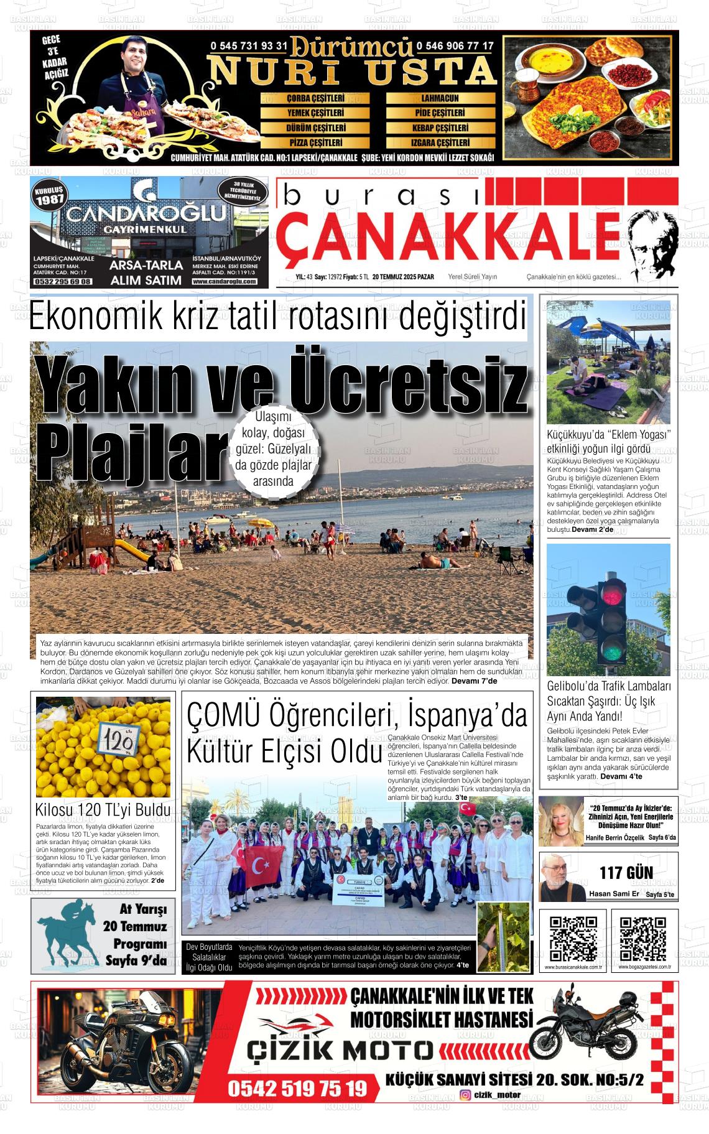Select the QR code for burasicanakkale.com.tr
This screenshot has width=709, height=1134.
pos(573,939)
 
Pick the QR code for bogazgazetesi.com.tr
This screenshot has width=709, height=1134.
pos(643,939)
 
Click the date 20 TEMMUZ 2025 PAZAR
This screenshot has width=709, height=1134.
pos(403,277)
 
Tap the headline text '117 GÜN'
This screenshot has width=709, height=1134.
pos(626,873)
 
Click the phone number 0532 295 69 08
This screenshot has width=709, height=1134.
pos(63,282)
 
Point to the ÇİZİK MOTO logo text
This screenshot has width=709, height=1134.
pos(339,1050)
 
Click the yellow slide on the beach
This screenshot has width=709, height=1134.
pos(131,551)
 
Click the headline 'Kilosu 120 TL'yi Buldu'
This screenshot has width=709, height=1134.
pos(103,811)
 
